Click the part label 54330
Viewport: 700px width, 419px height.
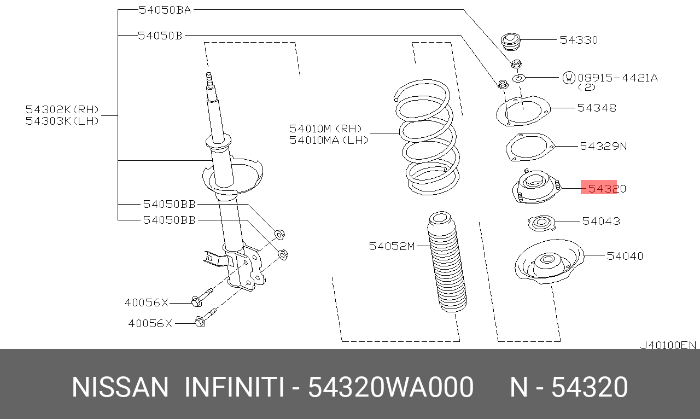pos(579,40)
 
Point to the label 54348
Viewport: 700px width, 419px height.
pos(597,108)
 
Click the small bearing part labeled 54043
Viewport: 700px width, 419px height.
pos(541,223)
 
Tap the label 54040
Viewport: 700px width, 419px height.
pos(625,255)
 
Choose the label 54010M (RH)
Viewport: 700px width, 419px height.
pos(325,129)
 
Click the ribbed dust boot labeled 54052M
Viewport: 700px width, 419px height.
pos(446,263)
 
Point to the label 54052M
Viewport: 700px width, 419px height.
pos(392,246)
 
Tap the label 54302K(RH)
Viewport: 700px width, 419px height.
pos(62,109)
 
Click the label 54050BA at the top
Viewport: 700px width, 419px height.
pos(165,9)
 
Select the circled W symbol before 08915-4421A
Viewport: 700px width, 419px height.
pos(569,78)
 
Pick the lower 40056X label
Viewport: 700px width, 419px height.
pos(150,323)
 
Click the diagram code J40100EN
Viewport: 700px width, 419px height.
pos(668,345)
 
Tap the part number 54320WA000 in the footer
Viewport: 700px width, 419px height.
pos(390,387)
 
